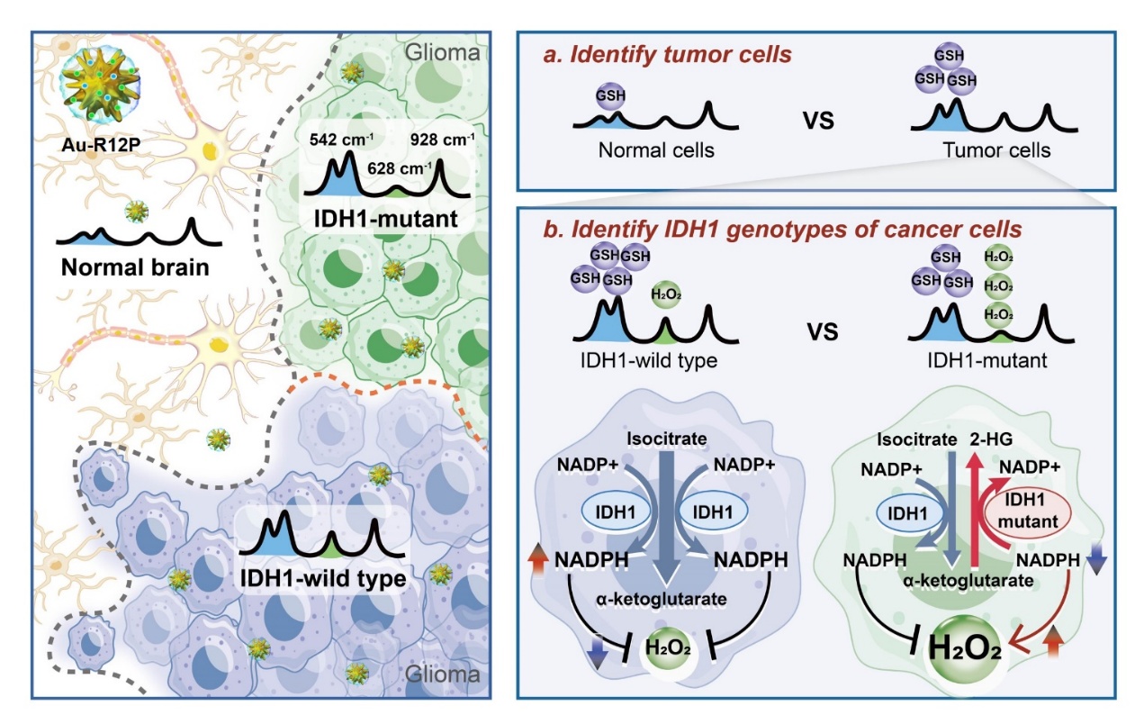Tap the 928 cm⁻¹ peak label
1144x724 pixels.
click(x=444, y=140)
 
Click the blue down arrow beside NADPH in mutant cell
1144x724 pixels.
click(x=1097, y=563)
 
